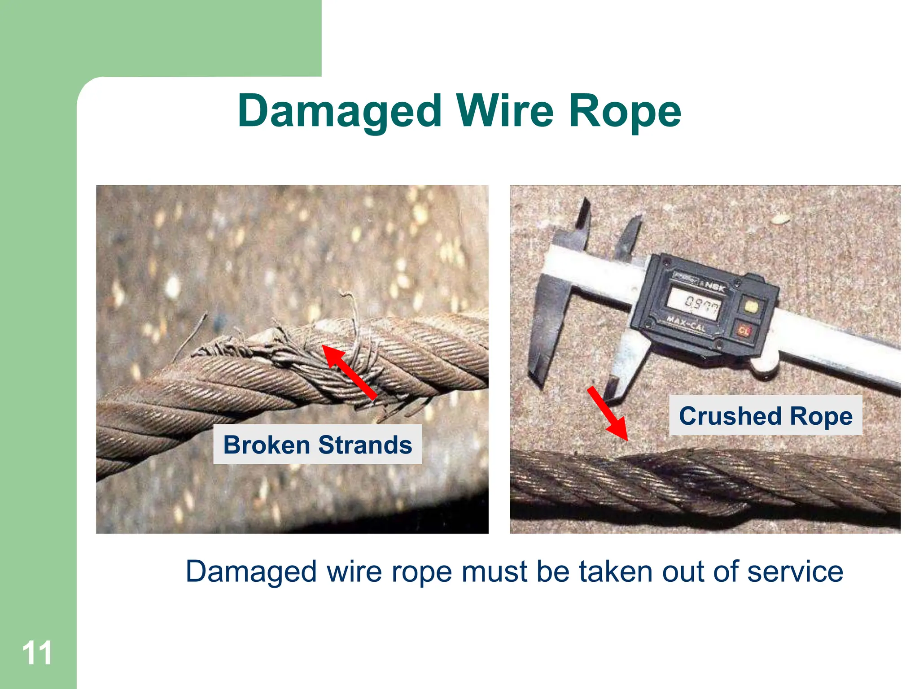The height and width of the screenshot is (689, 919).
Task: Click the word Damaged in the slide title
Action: (340, 112)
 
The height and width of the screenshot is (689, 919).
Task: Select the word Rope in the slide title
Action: (625, 112)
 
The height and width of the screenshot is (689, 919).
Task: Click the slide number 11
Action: (37, 653)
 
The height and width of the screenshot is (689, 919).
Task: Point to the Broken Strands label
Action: (317, 445)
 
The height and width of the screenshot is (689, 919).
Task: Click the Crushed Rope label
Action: (766, 416)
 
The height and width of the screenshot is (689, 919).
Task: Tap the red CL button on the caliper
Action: (744, 331)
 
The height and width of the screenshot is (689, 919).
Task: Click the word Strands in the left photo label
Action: (365, 445)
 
